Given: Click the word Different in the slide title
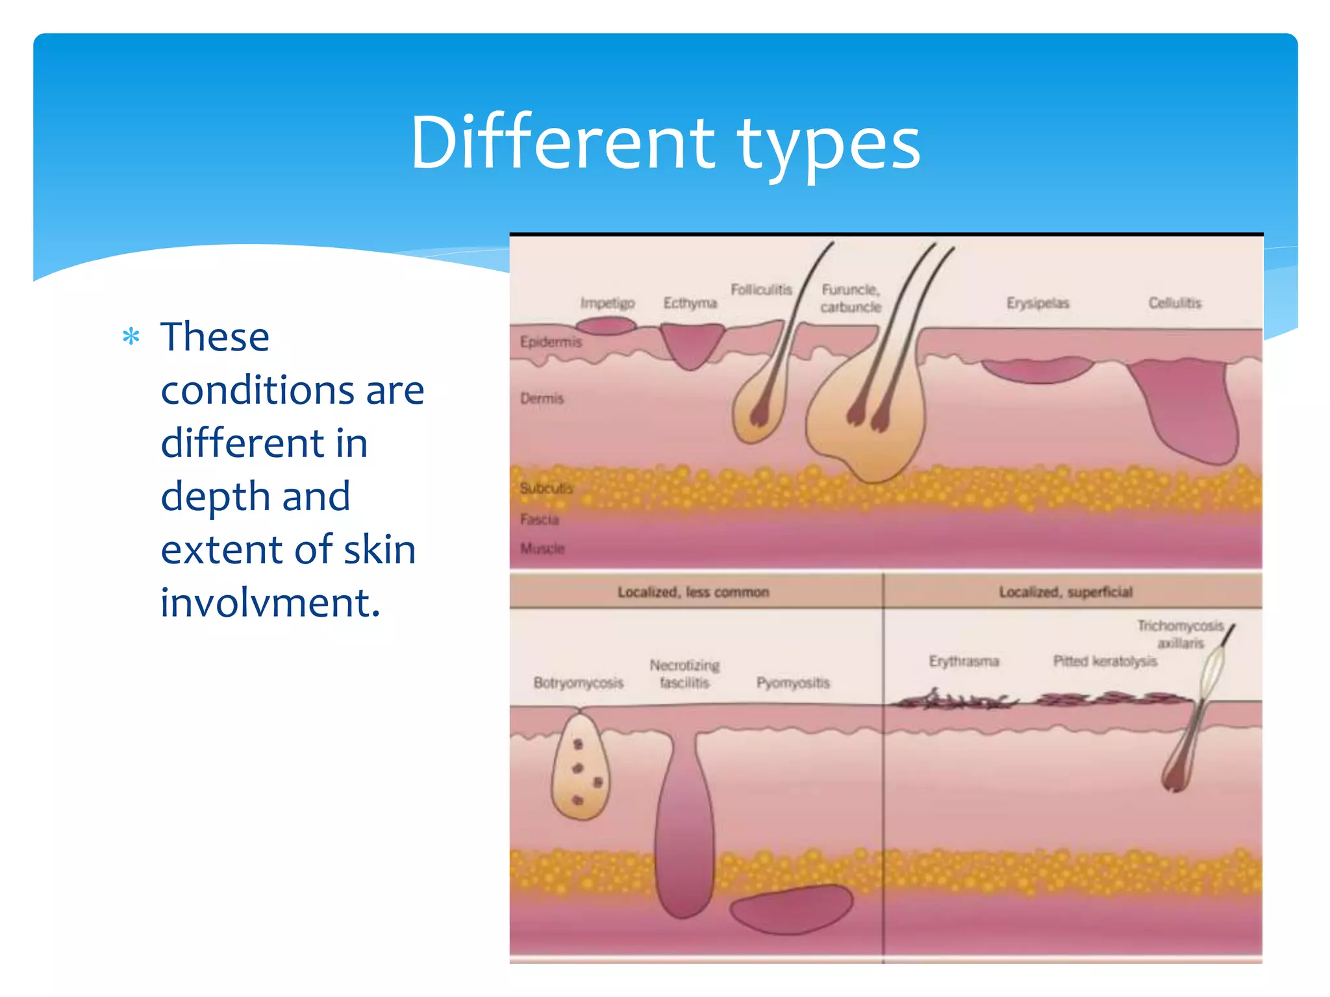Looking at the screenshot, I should click(x=562, y=143).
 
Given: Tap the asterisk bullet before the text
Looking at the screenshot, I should click(x=131, y=337).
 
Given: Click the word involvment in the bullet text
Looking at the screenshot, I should click(x=270, y=603).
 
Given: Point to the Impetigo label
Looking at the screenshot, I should click(x=607, y=303).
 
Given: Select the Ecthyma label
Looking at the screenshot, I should click(x=690, y=303).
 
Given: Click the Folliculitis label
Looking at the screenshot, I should click(x=761, y=289).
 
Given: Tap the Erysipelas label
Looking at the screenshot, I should click(x=1037, y=303).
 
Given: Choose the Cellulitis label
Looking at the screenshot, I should click(x=1175, y=303).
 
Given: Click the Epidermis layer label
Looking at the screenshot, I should click(x=551, y=342).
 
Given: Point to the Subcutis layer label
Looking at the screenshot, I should click(x=546, y=488).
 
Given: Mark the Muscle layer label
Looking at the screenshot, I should click(x=542, y=548).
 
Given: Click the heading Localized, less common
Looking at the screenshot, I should click(x=693, y=592).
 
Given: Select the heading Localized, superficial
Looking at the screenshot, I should click(x=1065, y=592).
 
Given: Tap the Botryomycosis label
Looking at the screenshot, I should click(x=578, y=683).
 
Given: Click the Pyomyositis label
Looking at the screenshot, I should click(x=793, y=683).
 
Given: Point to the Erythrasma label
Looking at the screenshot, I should click(x=964, y=661).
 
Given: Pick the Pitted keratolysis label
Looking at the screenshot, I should click(x=1105, y=661).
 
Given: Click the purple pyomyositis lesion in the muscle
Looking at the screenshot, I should click(x=791, y=911).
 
